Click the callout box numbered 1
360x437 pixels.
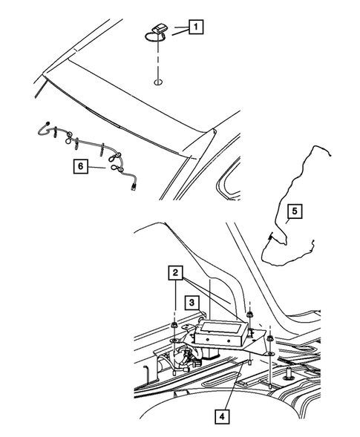pyautogui.click(x=196, y=29)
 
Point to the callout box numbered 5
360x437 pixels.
pyautogui.click(x=294, y=212)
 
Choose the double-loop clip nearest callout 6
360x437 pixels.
pyautogui.click(x=116, y=169)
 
